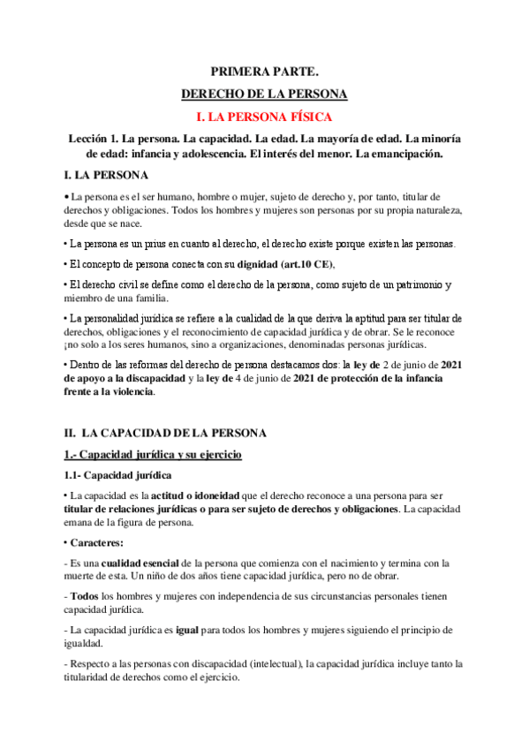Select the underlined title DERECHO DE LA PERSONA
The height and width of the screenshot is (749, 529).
(x=264, y=93)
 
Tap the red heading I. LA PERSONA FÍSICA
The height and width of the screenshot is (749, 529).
(x=264, y=116)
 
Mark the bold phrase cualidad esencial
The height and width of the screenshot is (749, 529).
(x=138, y=563)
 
